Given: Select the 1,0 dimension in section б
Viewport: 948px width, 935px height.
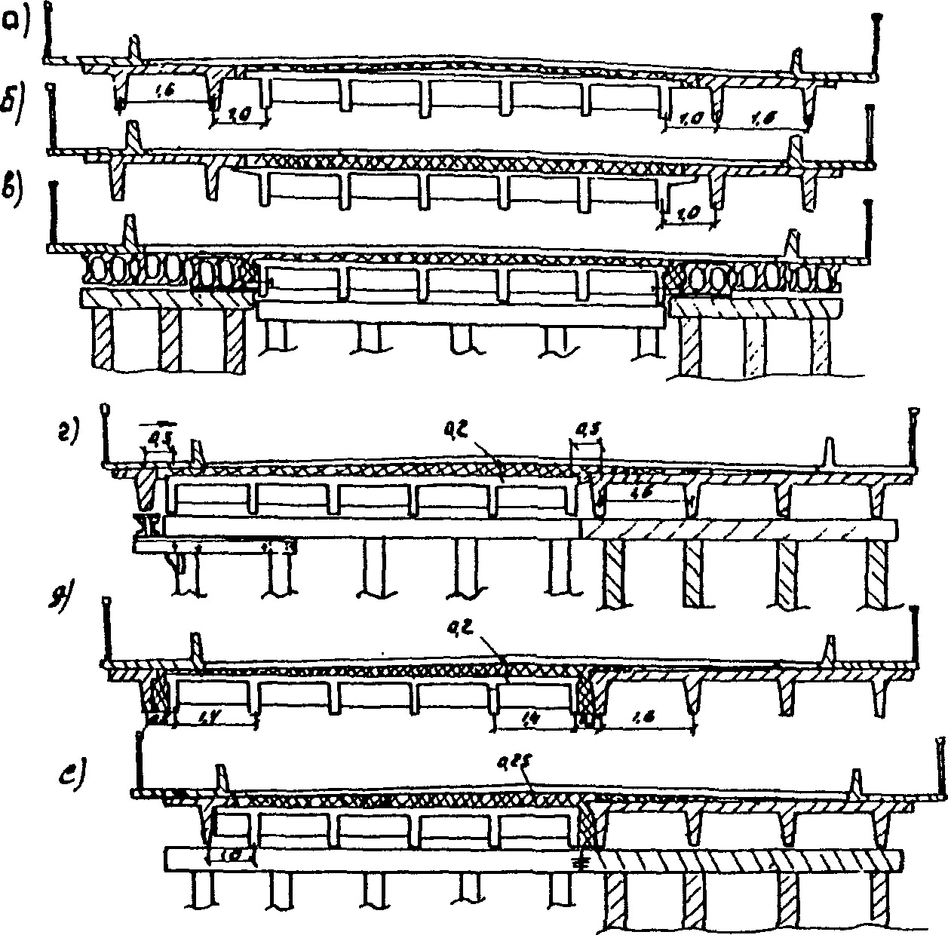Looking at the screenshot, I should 685,214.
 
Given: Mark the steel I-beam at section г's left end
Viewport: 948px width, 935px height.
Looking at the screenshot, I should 145,525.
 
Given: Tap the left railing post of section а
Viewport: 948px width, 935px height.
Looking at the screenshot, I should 48,34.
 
